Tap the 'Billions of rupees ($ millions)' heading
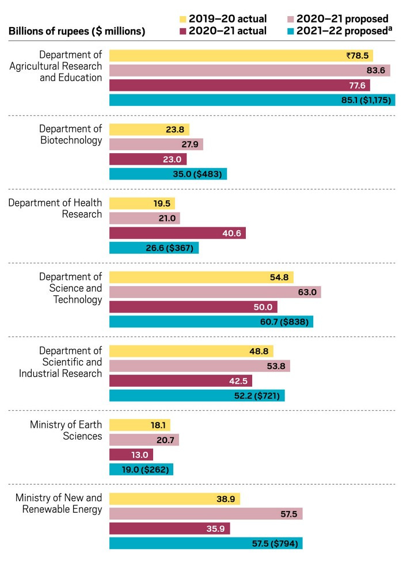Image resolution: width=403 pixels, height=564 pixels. (77, 31)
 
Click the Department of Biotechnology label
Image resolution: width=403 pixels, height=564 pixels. (70, 134)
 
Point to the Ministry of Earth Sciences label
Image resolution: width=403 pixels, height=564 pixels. (66, 430)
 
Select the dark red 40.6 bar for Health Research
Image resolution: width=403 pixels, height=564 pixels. (177, 233)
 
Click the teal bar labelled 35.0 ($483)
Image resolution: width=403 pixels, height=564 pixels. (168, 174)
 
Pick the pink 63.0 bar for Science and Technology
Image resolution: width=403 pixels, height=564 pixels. (215, 292)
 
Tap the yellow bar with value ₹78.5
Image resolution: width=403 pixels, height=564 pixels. (241, 56)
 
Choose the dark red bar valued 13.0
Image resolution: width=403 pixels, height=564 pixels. (131, 455)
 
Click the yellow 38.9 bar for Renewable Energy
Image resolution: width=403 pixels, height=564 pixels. (174, 499)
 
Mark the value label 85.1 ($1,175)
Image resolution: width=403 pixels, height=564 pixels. (366, 100)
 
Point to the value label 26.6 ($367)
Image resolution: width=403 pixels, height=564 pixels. (172, 248)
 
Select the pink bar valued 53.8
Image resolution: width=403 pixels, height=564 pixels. (200, 366)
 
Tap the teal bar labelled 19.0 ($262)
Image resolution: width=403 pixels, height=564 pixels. (141, 470)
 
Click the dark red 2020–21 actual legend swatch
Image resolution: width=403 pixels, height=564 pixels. (184, 31)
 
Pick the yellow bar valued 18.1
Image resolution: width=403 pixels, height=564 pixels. (140, 425)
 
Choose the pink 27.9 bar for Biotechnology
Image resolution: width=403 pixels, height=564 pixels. (156, 144)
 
